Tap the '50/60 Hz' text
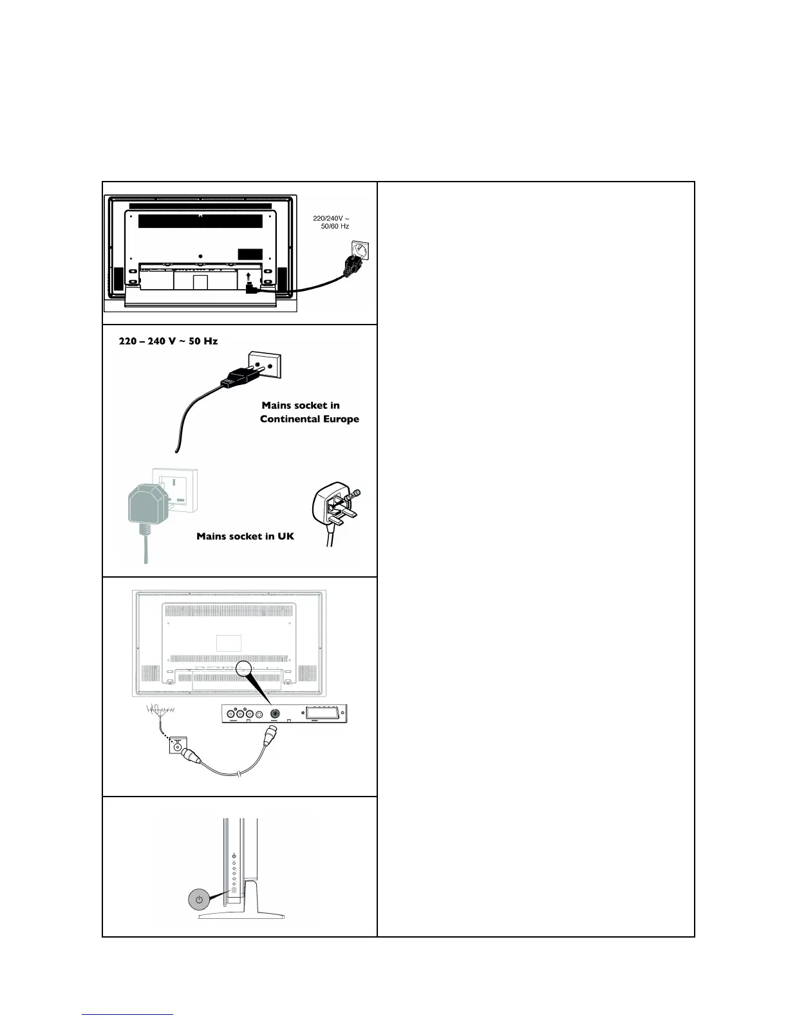tap(335, 227)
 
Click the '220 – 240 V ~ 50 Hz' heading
tap(168, 341)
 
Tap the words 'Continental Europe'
tap(310, 419)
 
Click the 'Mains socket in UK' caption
tap(245, 536)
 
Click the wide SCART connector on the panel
tap(326, 713)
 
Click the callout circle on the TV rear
tap(243, 669)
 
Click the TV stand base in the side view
tap(241, 915)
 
